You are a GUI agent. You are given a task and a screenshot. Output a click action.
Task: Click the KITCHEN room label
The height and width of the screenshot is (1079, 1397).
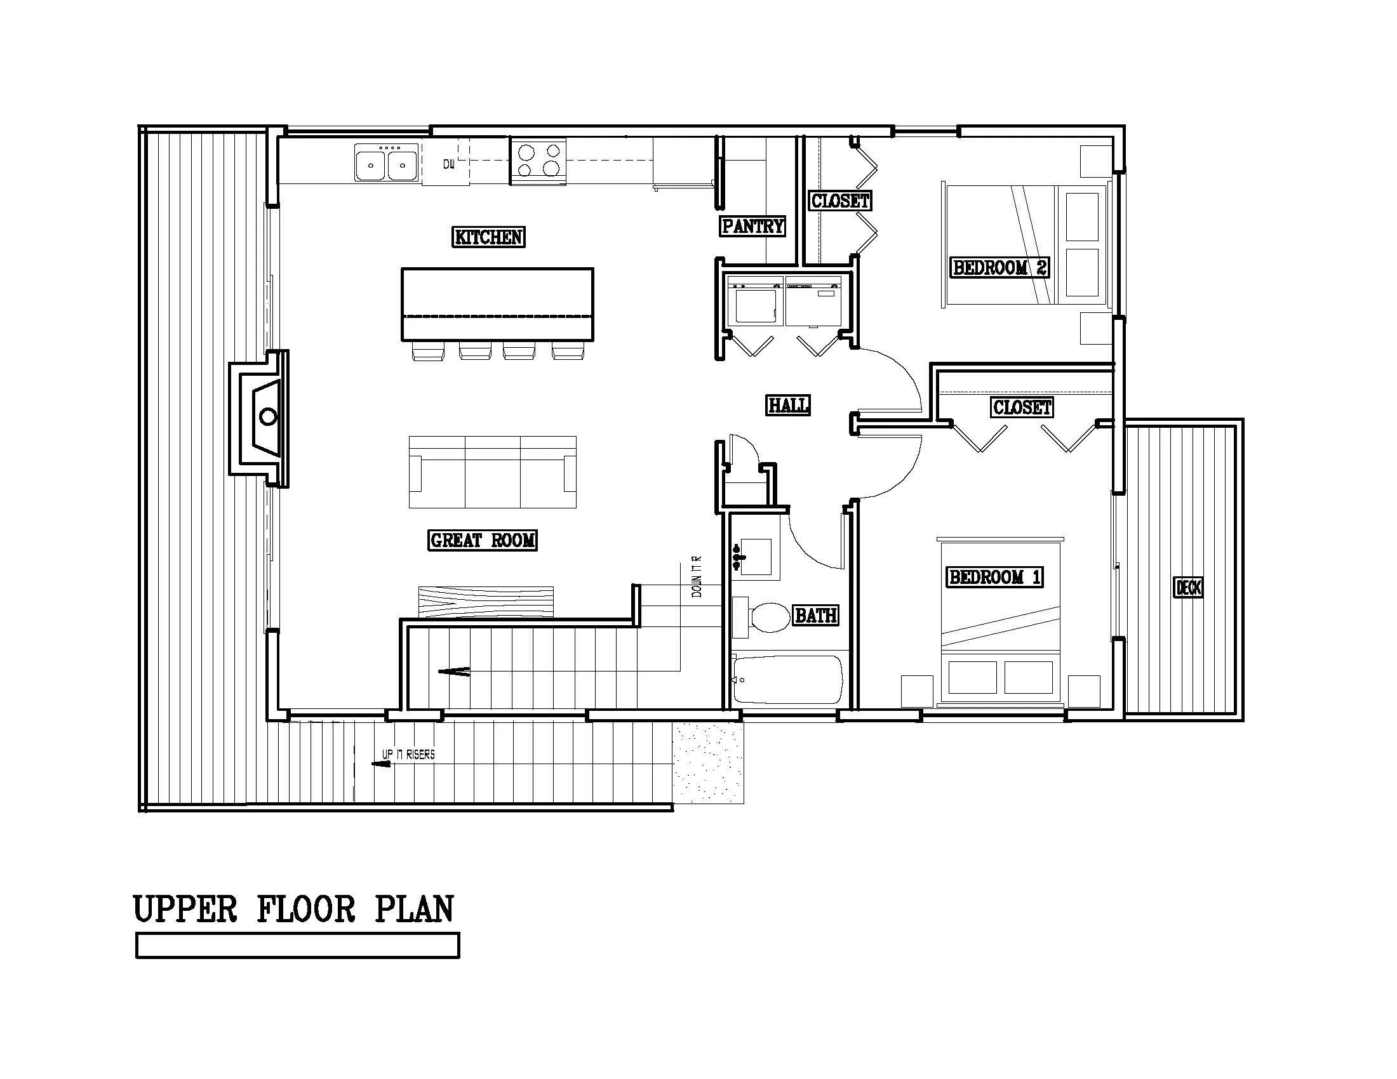tap(489, 237)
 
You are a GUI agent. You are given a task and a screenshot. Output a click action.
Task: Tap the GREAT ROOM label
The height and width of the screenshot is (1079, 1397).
tap(483, 540)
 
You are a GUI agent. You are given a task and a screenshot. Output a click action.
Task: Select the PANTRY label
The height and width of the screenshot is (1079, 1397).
tap(752, 226)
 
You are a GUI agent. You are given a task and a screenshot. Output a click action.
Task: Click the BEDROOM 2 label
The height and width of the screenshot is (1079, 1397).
tap(999, 267)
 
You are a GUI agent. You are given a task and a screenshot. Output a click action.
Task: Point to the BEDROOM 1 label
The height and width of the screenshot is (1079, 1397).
tap(994, 577)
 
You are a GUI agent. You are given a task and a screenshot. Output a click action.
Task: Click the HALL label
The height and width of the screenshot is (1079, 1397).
tap(788, 405)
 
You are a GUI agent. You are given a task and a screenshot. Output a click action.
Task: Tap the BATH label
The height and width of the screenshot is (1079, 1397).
tap(815, 615)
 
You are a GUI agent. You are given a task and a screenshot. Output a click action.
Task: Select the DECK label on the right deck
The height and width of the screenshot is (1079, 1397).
tap(1188, 588)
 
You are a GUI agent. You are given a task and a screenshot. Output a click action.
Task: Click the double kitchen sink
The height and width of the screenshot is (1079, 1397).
tap(386, 163)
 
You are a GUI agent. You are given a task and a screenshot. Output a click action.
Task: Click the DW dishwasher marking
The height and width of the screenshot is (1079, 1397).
tap(449, 164)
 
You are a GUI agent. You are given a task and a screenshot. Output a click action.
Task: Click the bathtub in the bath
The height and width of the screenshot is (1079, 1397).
tap(787, 680)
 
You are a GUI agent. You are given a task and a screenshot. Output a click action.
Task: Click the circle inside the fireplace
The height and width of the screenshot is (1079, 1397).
tap(268, 418)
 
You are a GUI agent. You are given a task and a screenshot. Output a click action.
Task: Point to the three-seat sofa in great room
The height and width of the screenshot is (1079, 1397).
tap(492, 472)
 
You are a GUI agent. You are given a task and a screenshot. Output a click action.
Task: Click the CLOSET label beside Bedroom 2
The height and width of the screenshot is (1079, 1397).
tap(840, 201)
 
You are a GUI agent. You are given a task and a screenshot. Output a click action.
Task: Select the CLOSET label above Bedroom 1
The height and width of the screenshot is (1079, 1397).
tap(1022, 407)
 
